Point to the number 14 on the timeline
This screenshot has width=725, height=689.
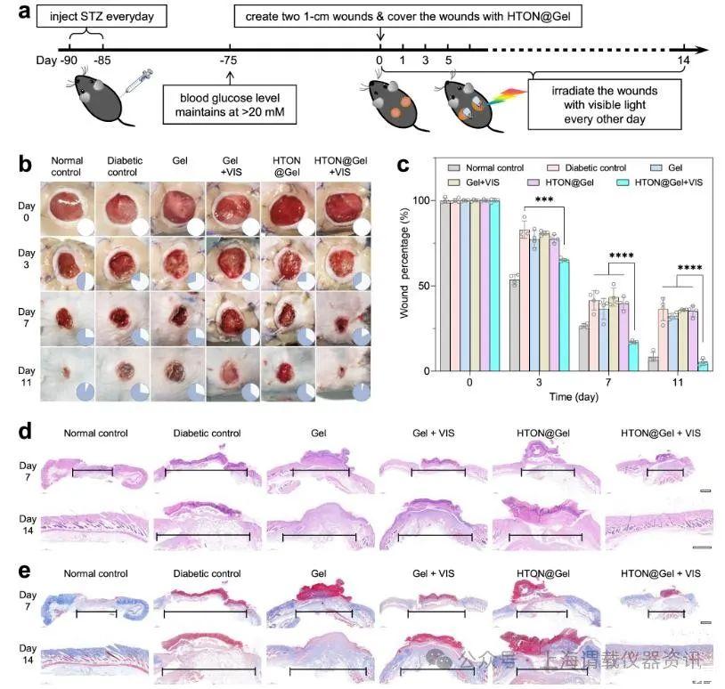684,61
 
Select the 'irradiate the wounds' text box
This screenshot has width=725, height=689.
605,105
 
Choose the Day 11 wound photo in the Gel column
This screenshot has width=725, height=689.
177,371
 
